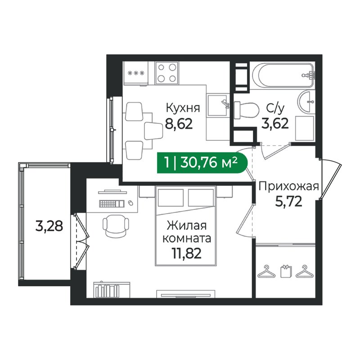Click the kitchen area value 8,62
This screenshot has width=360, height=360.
point(179,124)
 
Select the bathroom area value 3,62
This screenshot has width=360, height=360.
point(274,123)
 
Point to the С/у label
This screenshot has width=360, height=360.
point(275,108)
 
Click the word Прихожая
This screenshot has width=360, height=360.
point(288,186)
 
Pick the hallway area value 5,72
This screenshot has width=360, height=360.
point(288,200)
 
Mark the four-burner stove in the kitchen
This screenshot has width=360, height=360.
point(166,73)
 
